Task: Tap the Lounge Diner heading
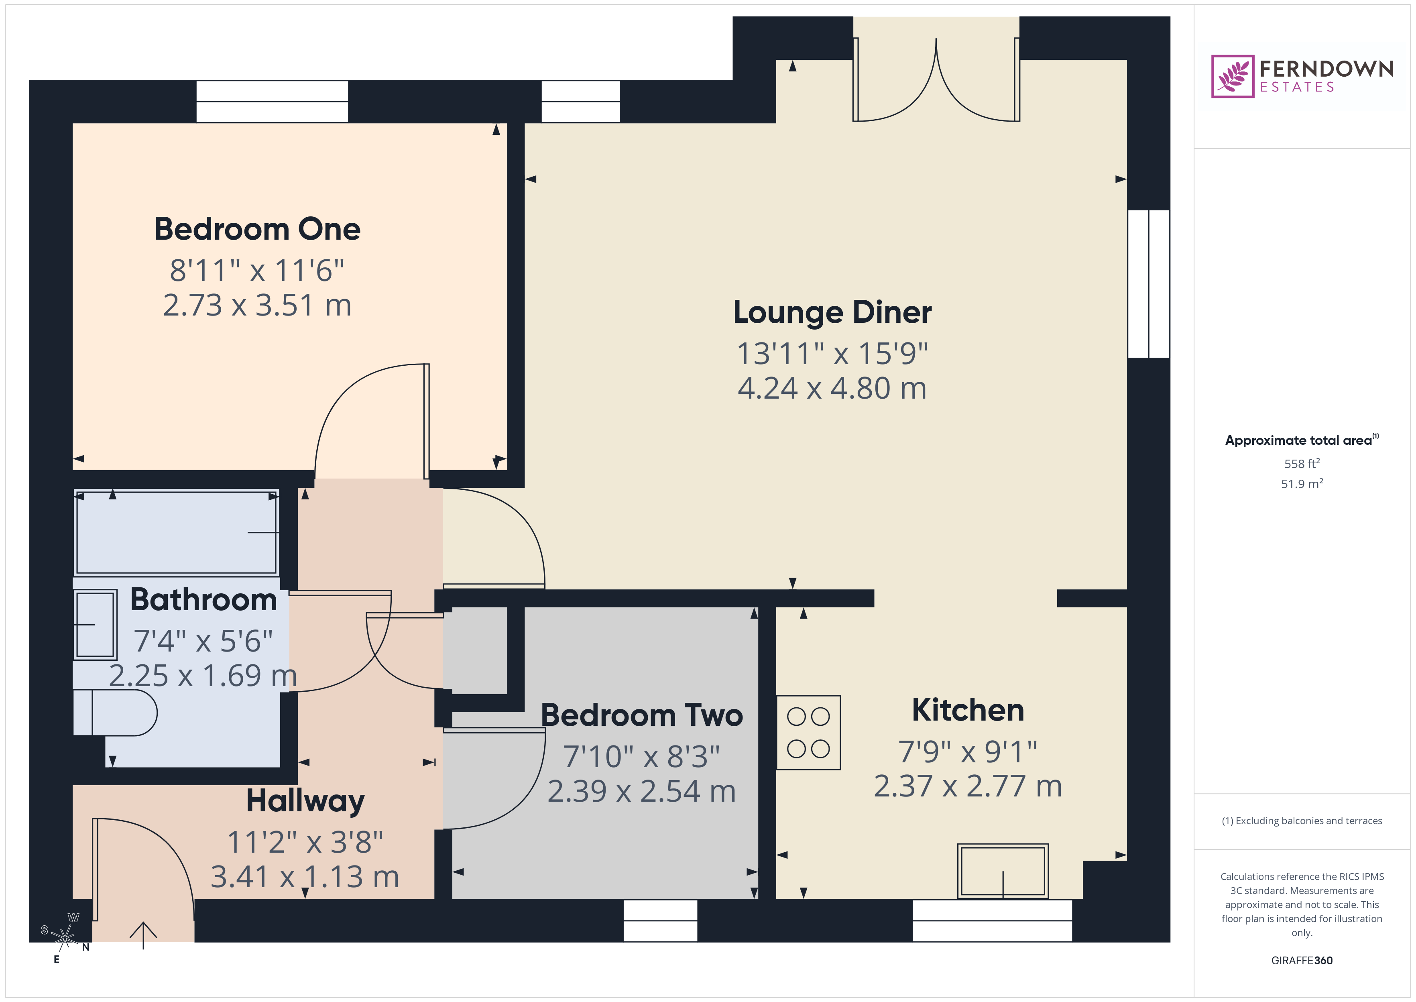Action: point(832,312)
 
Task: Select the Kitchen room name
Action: point(968,710)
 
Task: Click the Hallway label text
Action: point(305,801)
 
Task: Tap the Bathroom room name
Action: point(203,600)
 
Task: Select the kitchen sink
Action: point(1003,871)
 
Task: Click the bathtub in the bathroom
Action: point(176,532)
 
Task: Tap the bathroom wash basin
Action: point(96,624)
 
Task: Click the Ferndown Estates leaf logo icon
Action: point(1232,77)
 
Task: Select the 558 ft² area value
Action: point(1302,463)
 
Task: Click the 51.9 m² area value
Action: point(1302,484)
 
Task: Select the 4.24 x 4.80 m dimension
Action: point(832,389)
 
